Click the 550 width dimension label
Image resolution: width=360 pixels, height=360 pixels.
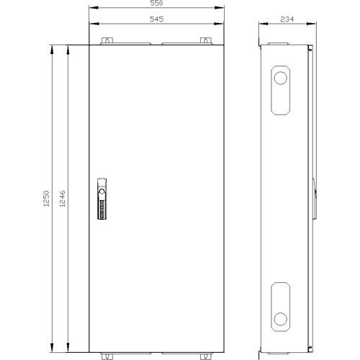pos(156,3)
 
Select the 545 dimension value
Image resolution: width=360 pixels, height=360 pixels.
pos(156,19)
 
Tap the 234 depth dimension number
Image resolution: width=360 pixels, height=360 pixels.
pos(287,19)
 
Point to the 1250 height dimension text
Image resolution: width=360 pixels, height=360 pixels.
pos(46,199)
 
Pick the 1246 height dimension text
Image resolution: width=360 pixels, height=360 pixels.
pos(62,199)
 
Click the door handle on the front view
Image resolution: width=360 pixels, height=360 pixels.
pos(102,199)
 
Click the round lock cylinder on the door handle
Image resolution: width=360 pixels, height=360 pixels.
pos(102,192)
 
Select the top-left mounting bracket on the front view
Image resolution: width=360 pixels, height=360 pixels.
pos(107,41)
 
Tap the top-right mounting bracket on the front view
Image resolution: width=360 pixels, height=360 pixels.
pos(206,41)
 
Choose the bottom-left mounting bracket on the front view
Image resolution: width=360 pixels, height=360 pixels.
pos(107,356)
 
